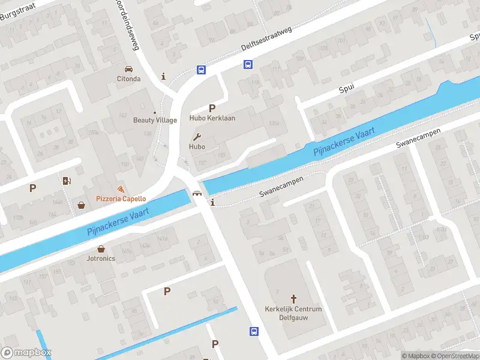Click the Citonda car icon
coord(128,68)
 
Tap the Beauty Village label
coord(155,119)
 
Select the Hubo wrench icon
coord(197,136)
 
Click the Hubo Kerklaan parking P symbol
coord(212,108)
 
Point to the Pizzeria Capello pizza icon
coord(121,189)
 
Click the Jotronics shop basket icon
coord(100,248)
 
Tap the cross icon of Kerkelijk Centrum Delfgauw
coord(293,298)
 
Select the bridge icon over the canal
coord(196,193)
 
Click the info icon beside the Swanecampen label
coord(212,203)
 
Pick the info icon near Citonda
coord(164,76)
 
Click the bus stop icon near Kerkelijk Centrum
coord(254,331)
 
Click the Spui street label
coord(346,88)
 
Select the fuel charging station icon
coord(66,181)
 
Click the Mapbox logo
coord(26,353)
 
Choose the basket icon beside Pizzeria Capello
coord(81,206)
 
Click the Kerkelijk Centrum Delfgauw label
coord(293,313)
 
